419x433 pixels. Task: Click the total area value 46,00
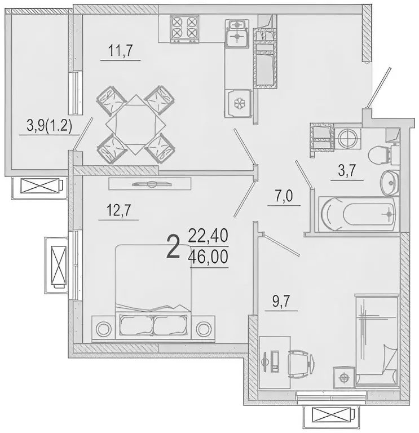(210, 260)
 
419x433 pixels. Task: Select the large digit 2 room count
(174, 247)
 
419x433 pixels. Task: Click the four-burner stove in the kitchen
(184, 29)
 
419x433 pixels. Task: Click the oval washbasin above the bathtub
(389, 182)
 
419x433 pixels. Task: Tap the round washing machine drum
(347, 138)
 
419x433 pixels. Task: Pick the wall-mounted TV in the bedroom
(151, 184)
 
